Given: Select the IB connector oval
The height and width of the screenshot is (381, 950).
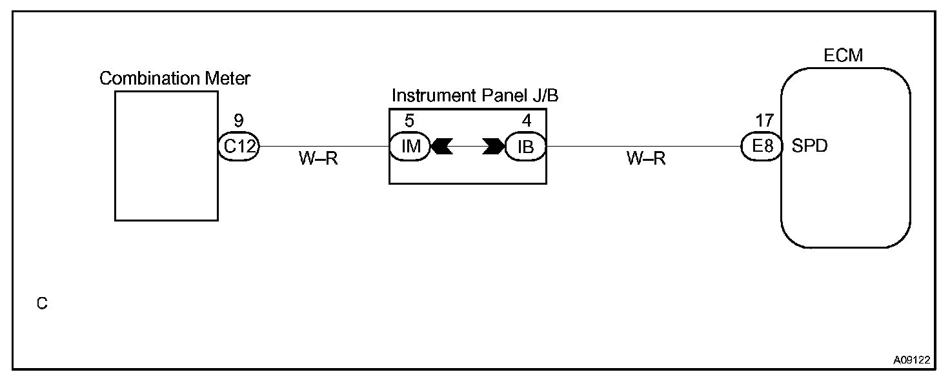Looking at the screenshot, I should [x=526, y=147].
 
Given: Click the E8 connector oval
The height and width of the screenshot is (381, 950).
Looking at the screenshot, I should [x=762, y=147].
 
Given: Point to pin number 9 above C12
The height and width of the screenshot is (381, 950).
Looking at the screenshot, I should [x=239, y=121].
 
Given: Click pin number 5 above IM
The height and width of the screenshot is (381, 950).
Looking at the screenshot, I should [x=409, y=121].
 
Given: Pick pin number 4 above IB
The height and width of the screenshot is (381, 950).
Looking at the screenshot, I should [x=527, y=121].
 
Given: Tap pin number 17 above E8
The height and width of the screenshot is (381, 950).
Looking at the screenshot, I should [x=764, y=121].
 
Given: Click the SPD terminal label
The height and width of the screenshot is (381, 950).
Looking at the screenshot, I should [x=809, y=147].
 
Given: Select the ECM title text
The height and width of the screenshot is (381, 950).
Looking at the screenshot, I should [x=844, y=56].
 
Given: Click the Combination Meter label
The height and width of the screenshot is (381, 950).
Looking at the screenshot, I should [x=175, y=79].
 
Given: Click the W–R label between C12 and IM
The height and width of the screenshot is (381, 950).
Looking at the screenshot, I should [x=318, y=159].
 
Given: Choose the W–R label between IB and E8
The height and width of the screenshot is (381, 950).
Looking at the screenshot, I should [x=645, y=159].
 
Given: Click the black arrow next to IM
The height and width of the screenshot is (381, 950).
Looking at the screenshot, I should [x=442, y=147].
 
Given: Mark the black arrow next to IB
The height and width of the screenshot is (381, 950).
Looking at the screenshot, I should [x=494, y=147].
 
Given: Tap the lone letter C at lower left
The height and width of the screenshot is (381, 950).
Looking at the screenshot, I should [x=42, y=303].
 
